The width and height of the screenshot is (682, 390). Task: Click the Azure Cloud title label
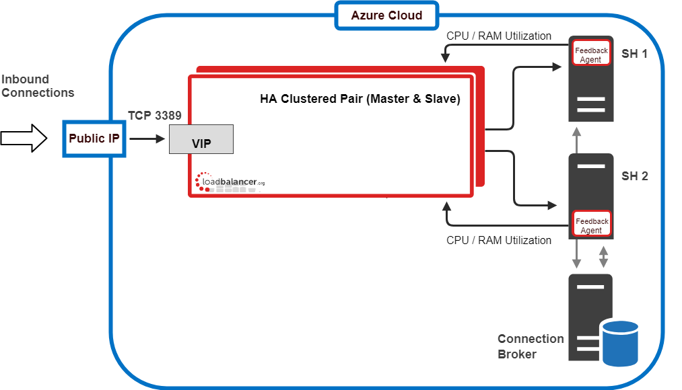tap(386, 15)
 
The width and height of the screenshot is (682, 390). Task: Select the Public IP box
tap(95, 139)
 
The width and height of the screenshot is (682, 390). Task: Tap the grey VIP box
tap(201, 139)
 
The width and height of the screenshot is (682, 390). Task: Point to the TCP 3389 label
tap(155, 116)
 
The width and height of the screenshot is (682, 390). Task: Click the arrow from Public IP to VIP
tap(147, 139)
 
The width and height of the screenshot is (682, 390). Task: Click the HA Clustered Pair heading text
tap(360, 99)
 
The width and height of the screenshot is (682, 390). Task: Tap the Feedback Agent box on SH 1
tap(591, 55)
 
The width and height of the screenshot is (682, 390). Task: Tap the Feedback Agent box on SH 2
tap(591, 225)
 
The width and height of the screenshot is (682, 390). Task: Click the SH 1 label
tap(634, 54)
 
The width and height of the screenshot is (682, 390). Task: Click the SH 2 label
tap(634, 176)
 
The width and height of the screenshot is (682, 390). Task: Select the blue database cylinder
tap(620, 342)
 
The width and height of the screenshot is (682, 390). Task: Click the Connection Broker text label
tap(531, 346)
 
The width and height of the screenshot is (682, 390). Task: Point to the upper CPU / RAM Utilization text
tap(499, 36)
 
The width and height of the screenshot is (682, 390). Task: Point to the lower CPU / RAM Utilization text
tap(499, 240)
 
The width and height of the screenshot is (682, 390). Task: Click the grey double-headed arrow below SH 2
tap(604, 256)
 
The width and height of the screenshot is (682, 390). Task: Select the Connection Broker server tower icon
tap(590, 316)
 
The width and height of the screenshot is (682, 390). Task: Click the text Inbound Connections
tap(38, 86)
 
